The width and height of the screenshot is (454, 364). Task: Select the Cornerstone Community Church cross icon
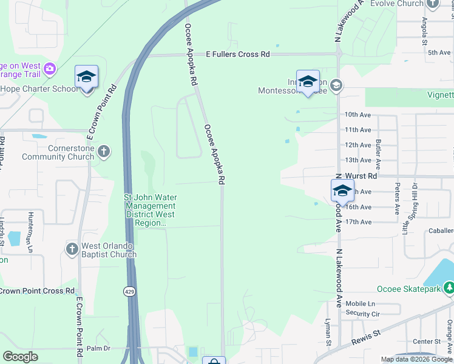coord(104,150)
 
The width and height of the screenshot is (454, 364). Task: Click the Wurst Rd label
coord(364,176)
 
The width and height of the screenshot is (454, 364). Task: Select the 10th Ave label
coord(357,114)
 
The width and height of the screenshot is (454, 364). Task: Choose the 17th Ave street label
coord(358,222)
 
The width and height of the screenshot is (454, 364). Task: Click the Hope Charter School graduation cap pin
coord(86,77)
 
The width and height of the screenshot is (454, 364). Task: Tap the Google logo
coord(21,357)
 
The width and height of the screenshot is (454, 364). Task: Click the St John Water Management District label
coord(150,210)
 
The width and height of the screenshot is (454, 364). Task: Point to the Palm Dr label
coord(98,348)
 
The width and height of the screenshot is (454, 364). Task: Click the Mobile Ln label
coord(361,303)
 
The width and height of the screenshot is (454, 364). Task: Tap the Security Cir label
coord(362,314)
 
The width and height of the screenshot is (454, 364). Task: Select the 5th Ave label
coord(438,53)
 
